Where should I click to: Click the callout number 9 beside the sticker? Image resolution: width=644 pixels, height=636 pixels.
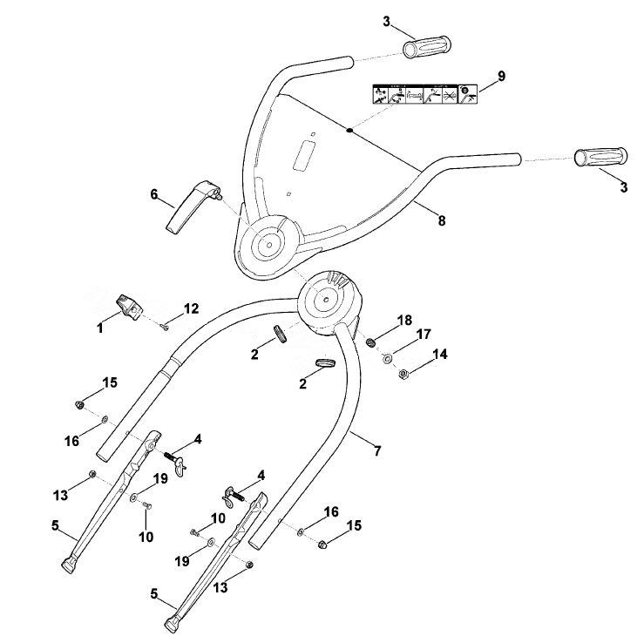501,76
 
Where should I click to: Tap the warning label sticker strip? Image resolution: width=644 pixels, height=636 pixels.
425,94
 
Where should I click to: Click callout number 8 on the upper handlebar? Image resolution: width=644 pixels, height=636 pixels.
442,220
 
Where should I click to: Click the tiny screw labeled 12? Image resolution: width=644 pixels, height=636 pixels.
165,327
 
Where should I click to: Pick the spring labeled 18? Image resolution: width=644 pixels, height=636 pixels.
372,342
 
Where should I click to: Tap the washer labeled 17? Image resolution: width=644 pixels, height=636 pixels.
387,359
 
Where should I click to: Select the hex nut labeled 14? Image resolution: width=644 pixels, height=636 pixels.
403,374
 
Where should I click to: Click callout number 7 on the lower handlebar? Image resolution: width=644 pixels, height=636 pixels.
377,450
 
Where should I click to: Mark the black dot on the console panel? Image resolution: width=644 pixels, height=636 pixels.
349,131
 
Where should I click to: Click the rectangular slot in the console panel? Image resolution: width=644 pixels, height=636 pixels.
305,155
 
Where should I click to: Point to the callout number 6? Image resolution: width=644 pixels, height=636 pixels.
154,194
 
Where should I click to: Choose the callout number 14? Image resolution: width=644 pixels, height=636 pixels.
440,354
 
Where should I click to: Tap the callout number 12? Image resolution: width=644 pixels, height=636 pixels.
191,308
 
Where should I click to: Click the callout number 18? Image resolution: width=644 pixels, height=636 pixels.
404,321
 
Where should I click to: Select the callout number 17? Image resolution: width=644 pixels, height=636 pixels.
424,335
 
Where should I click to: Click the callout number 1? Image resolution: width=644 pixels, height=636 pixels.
100,328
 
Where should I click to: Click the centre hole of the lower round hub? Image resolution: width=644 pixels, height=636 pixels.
326,300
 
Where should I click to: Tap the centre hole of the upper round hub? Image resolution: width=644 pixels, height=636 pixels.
269,245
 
